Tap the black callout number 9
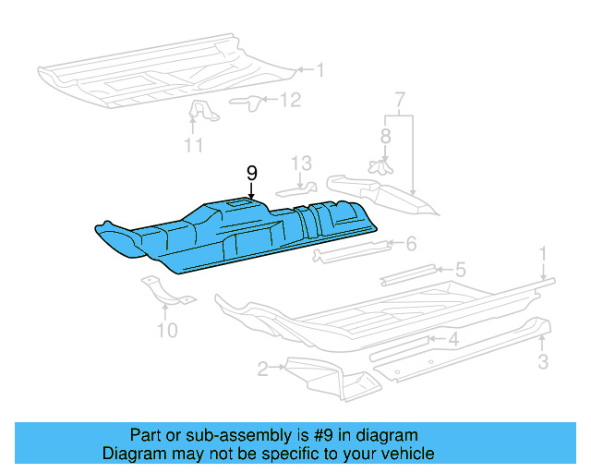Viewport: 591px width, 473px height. (251, 173)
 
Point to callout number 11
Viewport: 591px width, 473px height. (193, 144)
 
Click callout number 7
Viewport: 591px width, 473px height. (400, 99)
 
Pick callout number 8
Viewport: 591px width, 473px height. (385, 135)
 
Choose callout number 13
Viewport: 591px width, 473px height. (303, 163)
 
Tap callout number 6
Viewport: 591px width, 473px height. (411, 243)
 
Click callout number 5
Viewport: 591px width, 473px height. (460, 270)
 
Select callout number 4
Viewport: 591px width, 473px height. (452, 339)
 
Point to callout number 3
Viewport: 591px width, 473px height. (542, 361)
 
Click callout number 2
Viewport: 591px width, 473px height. (263, 370)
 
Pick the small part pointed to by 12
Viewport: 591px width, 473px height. (246, 101)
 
